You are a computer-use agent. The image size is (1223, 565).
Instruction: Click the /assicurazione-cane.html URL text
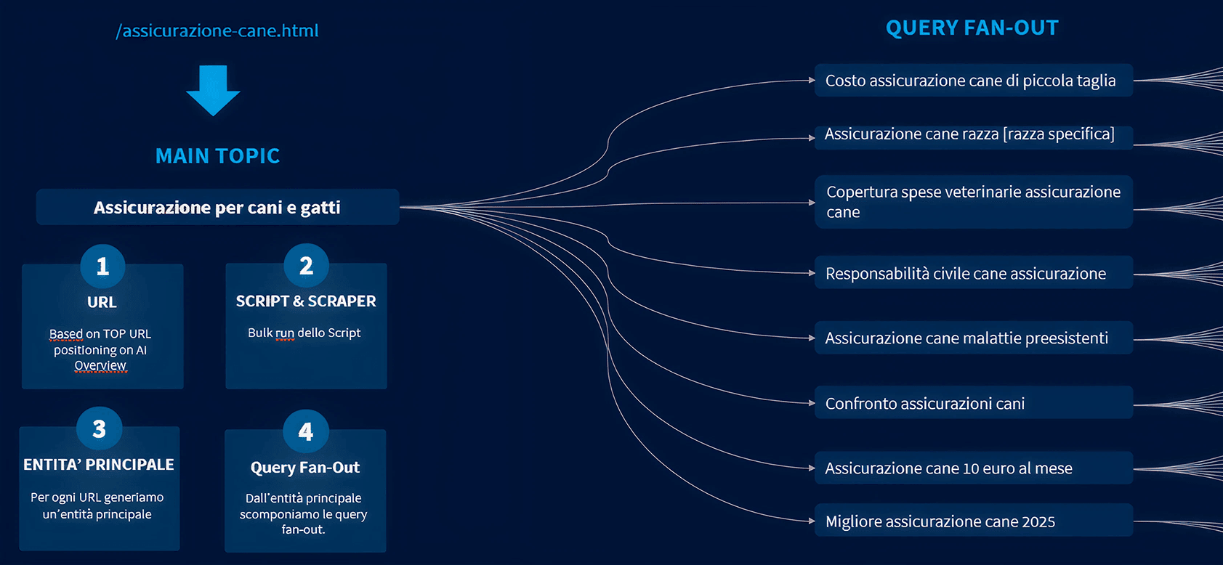(217, 31)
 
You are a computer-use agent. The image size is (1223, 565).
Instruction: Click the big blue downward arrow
(213, 89)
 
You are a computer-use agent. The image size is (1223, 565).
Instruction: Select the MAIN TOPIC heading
(217, 155)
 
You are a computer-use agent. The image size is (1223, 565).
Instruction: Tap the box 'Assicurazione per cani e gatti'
(217, 208)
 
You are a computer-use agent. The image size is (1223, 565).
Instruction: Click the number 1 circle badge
(102, 266)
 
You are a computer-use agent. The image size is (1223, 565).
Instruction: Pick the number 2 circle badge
(306, 266)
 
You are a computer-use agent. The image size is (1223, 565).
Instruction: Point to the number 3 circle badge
(99, 429)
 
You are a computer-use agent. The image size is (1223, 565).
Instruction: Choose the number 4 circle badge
(305, 431)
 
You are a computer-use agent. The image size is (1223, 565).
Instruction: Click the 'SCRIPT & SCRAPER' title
(306, 301)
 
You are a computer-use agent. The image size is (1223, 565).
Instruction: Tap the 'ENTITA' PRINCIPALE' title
(99, 465)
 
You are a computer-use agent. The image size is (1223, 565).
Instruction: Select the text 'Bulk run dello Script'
(304, 333)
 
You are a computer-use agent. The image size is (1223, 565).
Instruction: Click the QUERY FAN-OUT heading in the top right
(972, 28)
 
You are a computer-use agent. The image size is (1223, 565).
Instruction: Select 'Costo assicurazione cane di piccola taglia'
(970, 81)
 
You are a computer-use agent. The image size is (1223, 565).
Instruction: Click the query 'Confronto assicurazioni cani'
(924, 404)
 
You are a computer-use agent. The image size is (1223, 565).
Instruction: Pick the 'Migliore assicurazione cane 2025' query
(940, 521)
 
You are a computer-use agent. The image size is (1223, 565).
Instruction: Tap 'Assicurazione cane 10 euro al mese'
(948, 468)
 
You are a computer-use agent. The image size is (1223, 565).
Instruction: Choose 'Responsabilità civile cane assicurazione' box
(965, 274)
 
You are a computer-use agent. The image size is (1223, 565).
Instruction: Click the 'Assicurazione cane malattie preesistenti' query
(966, 338)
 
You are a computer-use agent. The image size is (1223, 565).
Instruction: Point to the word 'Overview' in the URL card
(100, 365)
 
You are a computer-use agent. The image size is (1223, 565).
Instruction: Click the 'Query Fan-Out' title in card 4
(305, 468)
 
